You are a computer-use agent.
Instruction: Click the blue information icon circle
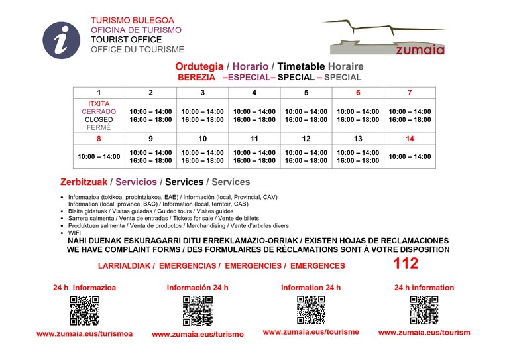61,40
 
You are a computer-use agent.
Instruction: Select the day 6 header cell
358,93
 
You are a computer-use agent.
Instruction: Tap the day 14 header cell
410,139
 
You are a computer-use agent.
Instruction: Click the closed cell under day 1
99,115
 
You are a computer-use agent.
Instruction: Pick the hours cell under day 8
99,157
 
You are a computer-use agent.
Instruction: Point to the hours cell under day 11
254,157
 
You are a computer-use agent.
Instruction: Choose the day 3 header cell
202,93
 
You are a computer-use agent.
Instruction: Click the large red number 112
406,264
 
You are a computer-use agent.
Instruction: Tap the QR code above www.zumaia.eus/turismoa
84,310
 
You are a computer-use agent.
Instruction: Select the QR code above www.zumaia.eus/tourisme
311,310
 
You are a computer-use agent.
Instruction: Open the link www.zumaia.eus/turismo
198,335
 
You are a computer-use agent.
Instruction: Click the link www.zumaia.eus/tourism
424,333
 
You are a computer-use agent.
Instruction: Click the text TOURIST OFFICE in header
126,40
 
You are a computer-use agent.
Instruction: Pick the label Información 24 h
198,288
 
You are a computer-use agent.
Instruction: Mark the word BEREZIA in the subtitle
197,77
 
